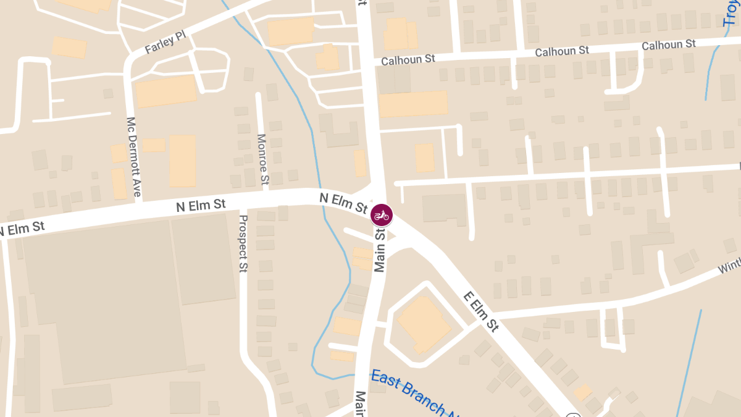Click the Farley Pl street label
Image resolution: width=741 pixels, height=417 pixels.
165,43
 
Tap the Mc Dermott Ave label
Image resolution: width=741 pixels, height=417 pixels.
133,157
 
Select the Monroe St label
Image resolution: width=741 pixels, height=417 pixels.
264,160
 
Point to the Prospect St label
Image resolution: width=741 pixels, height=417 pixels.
243,243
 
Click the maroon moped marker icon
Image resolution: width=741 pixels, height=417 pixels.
382,215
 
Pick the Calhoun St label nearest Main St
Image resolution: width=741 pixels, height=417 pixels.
408,59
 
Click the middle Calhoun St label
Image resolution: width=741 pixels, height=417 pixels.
562,51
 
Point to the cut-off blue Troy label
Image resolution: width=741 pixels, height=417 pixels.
732,14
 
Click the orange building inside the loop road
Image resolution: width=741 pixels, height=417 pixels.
424,323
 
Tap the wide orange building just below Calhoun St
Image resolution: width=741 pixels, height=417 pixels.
413,104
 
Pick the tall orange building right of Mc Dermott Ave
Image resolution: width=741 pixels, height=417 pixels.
182,161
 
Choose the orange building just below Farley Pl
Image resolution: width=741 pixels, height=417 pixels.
165,91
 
